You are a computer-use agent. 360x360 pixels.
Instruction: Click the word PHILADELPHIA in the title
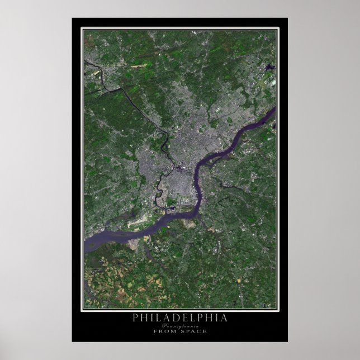tap(179, 318)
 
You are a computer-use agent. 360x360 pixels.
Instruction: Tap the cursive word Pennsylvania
tap(180, 325)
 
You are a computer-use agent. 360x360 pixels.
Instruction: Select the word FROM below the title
tap(165, 331)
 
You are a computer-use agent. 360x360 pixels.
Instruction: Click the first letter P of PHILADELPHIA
tap(135, 318)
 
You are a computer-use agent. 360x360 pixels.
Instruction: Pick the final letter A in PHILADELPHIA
tap(225, 318)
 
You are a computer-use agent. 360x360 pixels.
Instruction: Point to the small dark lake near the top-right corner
tap(271, 68)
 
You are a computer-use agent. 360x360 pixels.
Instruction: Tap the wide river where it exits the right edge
tap(273, 111)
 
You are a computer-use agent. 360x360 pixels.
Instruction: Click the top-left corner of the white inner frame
tap(83, 30)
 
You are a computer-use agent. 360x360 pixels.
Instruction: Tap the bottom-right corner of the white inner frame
tap(277, 309)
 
